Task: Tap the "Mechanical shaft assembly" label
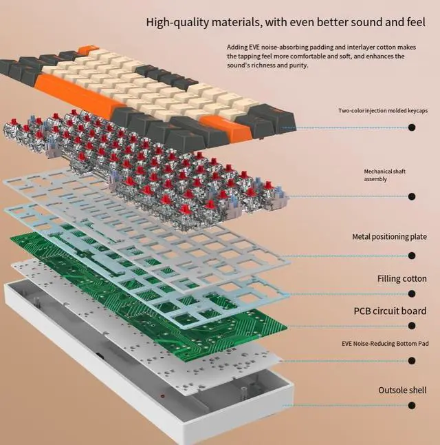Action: point(385,175)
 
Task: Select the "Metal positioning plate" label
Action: point(389,237)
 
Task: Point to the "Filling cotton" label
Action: point(401,279)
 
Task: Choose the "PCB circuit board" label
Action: point(390,311)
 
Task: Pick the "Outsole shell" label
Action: point(402,391)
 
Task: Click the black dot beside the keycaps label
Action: point(412,127)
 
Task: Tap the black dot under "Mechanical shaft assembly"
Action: point(412,196)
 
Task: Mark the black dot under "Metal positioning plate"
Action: point(412,256)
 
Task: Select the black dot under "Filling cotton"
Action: point(412,295)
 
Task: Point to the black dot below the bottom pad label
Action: point(412,360)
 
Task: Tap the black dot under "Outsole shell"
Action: point(412,406)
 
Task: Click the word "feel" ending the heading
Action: point(415,22)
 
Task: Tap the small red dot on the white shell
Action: point(162,396)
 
